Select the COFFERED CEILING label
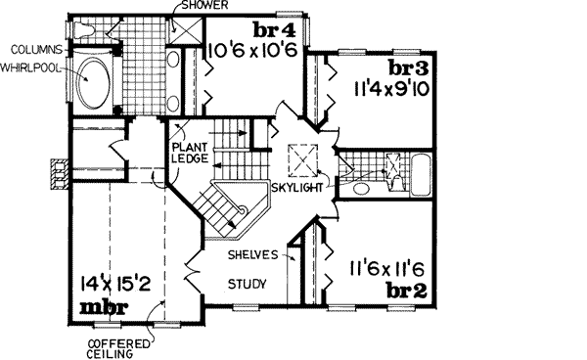coord(117,348)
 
